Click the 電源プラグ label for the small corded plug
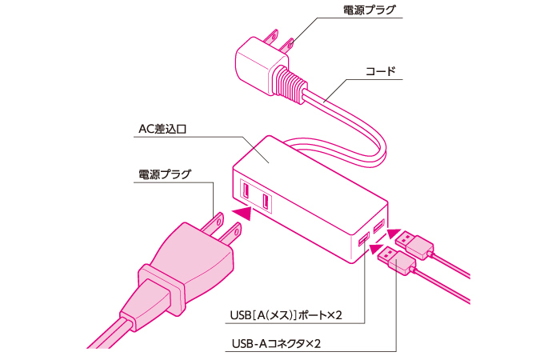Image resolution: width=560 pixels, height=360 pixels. tap(370, 10)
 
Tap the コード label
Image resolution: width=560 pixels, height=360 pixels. tap(380, 71)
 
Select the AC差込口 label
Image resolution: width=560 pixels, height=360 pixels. tap(162, 129)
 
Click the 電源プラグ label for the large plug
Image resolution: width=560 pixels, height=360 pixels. tap(165, 174)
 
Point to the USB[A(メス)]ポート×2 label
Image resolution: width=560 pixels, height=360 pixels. tap(286, 315)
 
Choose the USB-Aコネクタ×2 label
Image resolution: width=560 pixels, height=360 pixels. tap(276, 343)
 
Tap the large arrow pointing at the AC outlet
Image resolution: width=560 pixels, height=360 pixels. tap(242, 213)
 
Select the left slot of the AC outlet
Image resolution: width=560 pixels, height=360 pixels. tap(246, 190)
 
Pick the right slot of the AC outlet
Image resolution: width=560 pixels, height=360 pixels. tap(266, 202)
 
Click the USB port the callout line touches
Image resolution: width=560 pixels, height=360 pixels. tap(364, 240)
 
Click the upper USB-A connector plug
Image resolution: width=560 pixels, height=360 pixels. tap(415, 244)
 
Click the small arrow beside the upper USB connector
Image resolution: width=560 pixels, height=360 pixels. tap(394, 234)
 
